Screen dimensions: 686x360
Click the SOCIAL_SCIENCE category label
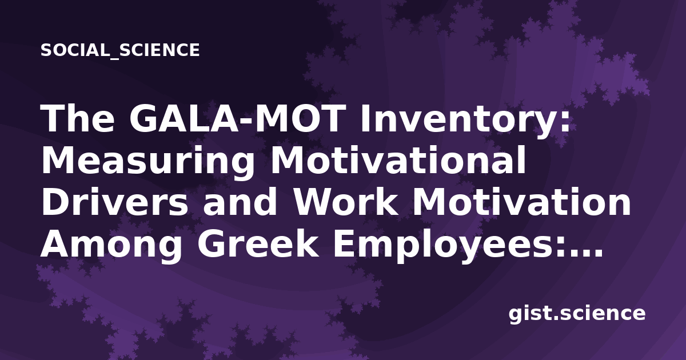click(x=120, y=50)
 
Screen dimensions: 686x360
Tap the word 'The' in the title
click(x=78, y=118)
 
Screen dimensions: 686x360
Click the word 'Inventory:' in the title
click(x=465, y=122)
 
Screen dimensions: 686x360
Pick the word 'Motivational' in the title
click(x=397, y=160)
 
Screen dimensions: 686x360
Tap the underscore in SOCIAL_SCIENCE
click(x=114, y=58)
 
